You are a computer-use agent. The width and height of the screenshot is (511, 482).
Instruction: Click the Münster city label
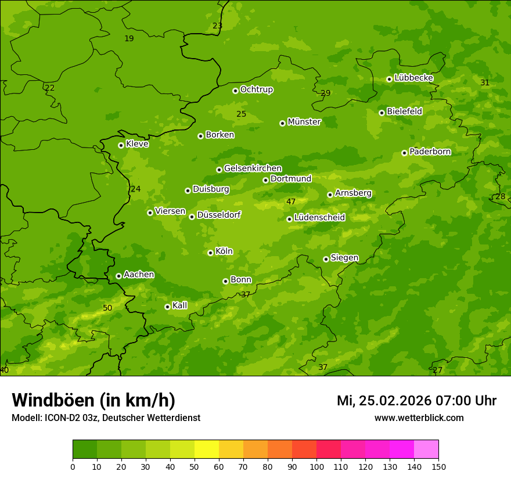tap(304, 122)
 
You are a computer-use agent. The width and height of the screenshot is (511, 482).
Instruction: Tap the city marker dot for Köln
tap(210, 253)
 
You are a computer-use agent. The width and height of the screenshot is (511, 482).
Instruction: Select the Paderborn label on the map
tap(430, 152)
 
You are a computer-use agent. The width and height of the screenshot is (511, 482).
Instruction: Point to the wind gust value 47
tap(291, 202)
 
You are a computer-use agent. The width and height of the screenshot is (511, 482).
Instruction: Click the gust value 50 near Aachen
tap(107, 308)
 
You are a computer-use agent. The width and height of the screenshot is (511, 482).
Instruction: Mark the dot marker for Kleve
tap(121, 145)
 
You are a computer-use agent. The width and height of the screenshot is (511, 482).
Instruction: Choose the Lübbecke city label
tap(413, 78)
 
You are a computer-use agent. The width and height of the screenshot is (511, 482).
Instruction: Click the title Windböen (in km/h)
tap(93, 400)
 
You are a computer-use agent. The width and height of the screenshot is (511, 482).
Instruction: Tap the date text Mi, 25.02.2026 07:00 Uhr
tap(416, 401)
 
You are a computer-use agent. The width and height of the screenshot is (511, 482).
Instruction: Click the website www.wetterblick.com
tap(419, 418)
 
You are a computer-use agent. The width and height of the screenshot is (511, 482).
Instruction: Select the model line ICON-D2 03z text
tap(106, 418)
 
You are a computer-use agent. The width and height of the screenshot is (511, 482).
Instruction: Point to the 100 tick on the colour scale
tap(316, 466)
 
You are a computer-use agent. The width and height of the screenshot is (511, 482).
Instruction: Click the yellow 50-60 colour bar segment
tap(207, 449)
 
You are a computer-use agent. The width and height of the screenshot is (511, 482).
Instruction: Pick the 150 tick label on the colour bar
tap(438, 466)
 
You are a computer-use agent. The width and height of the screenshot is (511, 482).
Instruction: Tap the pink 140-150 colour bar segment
tap(426, 449)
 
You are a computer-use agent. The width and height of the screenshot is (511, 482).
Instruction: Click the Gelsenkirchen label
tap(253, 168)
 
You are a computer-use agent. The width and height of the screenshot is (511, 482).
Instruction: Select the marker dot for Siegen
tap(326, 259)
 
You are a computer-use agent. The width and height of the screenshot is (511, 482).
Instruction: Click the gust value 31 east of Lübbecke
tap(485, 83)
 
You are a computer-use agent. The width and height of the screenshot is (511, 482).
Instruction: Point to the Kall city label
tap(180, 305)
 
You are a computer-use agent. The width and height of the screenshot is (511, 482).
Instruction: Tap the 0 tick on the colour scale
tap(73, 466)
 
